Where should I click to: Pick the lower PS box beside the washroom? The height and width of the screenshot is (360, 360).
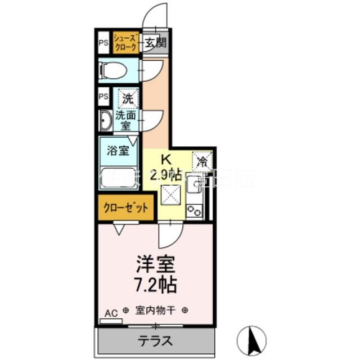tap(103, 96)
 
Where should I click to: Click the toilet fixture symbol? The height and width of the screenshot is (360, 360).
tap(110, 70)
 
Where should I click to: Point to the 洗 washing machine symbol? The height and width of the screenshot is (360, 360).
tap(128, 97)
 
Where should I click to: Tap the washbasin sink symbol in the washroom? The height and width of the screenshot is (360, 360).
tap(105, 121)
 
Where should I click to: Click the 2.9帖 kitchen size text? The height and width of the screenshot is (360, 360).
tap(165, 174)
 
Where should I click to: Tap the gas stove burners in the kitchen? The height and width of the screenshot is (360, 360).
tap(195, 210)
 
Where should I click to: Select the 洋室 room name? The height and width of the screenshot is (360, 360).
tap(156, 263)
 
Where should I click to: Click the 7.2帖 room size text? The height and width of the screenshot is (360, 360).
tap(156, 283)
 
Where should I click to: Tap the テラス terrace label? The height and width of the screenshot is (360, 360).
tap(155, 340)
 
